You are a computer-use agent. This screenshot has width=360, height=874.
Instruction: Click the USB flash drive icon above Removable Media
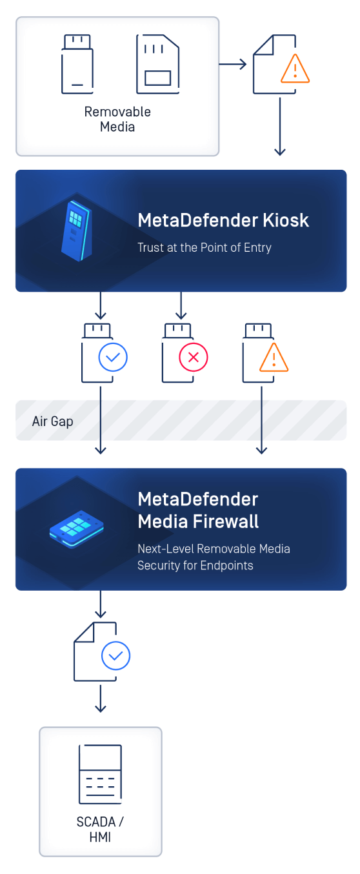[x=77, y=64]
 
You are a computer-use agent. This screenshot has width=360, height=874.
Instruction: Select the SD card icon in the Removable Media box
[x=157, y=64]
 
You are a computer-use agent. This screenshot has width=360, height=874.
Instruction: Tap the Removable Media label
[x=117, y=119]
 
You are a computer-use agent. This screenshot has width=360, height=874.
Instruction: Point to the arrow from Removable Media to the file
[x=233, y=64]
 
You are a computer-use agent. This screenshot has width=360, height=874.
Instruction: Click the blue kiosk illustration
[x=76, y=231]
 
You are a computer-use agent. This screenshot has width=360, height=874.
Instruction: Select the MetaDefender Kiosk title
[x=223, y=221]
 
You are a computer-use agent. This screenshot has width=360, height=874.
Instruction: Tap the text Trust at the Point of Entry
[x=205, y=247]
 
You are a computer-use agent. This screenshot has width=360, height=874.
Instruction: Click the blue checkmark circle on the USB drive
[x=113, y=357]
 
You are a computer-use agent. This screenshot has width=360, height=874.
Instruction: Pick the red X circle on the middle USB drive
[x=194, y=357]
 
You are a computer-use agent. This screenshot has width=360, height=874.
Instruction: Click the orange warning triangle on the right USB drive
[x=274, y=358]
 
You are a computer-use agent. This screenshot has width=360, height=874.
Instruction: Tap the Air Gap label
[x=53, y=422]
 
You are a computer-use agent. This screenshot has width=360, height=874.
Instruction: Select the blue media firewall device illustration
[x=76, y=529]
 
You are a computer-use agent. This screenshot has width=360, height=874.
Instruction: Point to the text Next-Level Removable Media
[x=214, y=549]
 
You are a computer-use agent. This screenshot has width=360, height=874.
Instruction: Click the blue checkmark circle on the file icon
[x=116, y=656]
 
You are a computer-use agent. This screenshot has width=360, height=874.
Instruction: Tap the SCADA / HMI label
[x=100, y=829]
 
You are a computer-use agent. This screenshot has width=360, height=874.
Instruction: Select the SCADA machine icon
[x=100, y=774]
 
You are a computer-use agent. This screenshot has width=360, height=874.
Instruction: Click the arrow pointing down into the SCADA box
[x=101, y=699]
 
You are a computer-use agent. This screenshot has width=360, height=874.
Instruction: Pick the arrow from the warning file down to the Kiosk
[x=280, y=127]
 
